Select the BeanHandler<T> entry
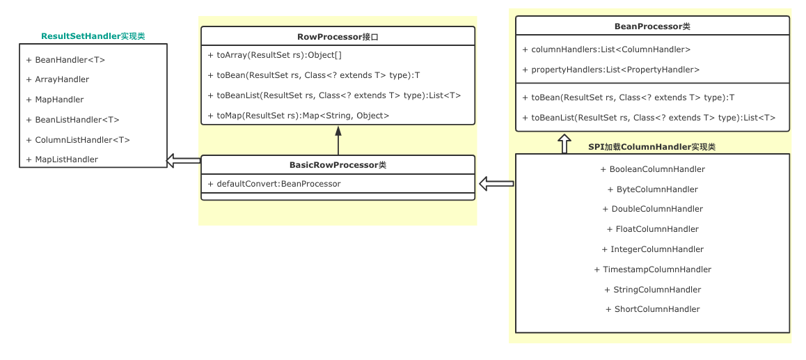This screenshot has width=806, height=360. click(x=65, y=60)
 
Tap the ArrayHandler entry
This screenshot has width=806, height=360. click(x=58, y=79)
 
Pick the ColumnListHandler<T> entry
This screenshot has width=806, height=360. click(x=78, y=139)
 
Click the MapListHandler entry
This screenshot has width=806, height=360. click(x=62, y=159)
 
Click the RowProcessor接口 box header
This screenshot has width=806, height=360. click(x=338, y=37)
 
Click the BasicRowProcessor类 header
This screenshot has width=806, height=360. click(x=338, y=165)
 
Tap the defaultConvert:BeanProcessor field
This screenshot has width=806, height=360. click(x=274, y=184)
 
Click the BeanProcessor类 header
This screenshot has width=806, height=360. click(x=652, y=26)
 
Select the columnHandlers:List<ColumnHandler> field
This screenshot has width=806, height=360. click(x=606, y=49)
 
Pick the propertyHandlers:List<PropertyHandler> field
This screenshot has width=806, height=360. click(x=610, y=70)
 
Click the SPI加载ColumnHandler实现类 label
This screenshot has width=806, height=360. click(x=651, y=147)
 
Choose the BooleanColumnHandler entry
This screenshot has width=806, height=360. click(x=652, y=169)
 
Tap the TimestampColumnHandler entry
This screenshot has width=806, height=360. click(x=652, y=269)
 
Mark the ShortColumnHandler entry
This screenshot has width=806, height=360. click(x=652, y=309)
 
